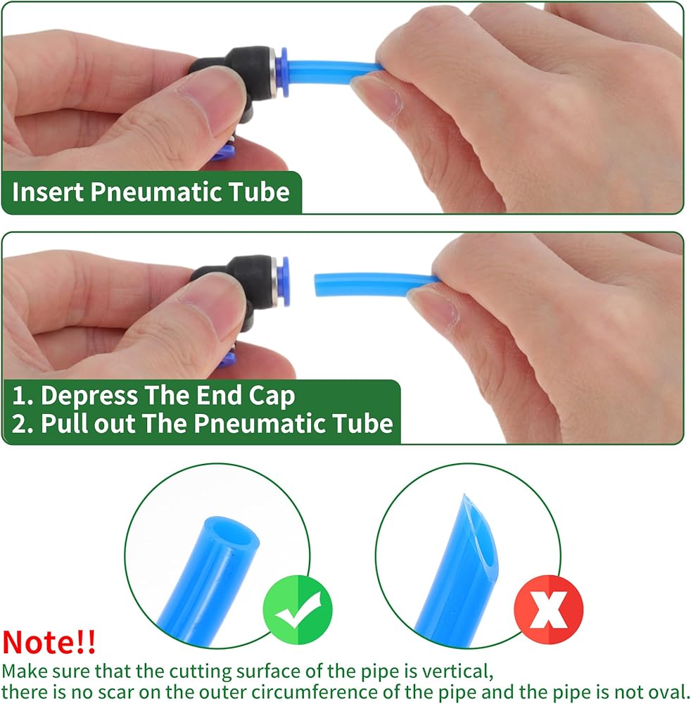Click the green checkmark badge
(x=298, y=610)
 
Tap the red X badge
(x=548, y=610)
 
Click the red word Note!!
(x=49, y=642)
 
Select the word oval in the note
(x=667, y=692)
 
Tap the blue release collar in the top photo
(x=282, y=72)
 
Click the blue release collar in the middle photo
(x=284, y=281)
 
